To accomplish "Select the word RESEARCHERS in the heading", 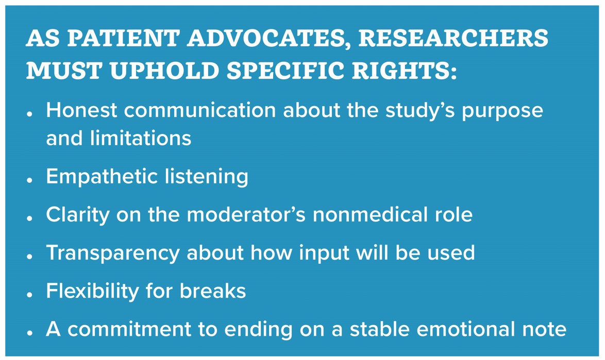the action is coord(453,38).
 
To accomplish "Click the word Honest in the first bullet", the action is coord(81,110).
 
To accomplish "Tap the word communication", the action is coord(200,110).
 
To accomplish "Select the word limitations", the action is coord(141,138).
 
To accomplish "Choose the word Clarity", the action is coord(78,215).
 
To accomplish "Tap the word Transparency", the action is coord(113,253).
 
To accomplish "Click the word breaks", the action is coord(213,291).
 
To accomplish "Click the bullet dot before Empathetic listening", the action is coord(30,180).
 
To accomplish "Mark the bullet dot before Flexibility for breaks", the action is coord(30,295).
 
